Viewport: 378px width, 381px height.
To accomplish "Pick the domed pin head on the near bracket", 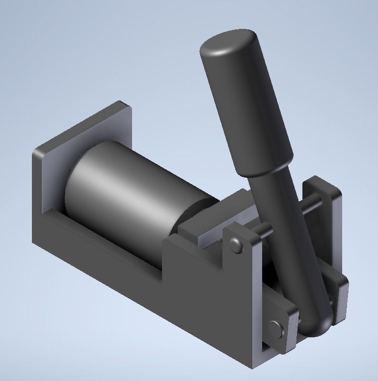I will pyautogui.click(x=236, y=244).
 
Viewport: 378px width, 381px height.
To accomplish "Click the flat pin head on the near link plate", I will pyautogui.click(x=276, y=328).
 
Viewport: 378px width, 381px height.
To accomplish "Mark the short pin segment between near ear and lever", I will pyautogui.click(x=260, y=229).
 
